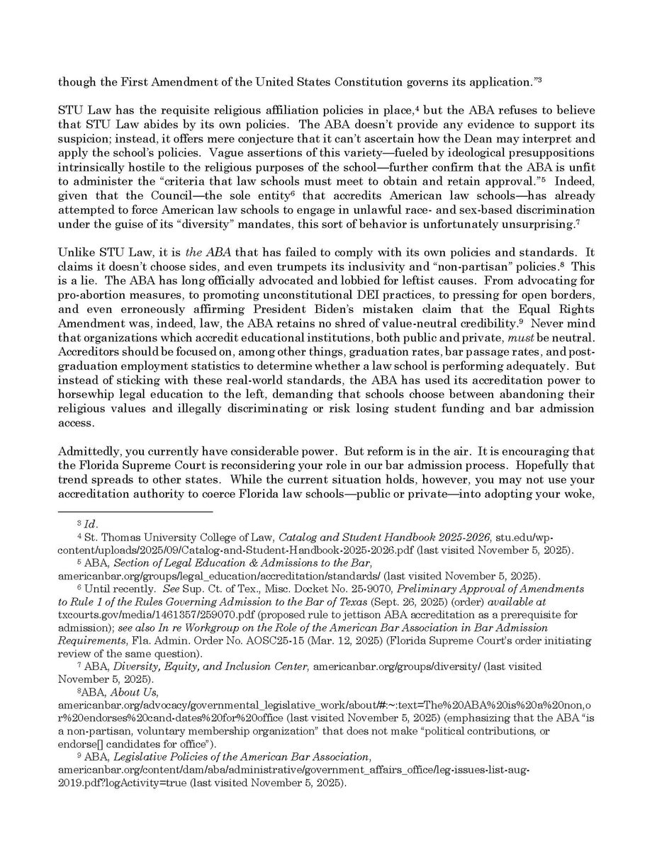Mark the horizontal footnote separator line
[135, 511]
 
